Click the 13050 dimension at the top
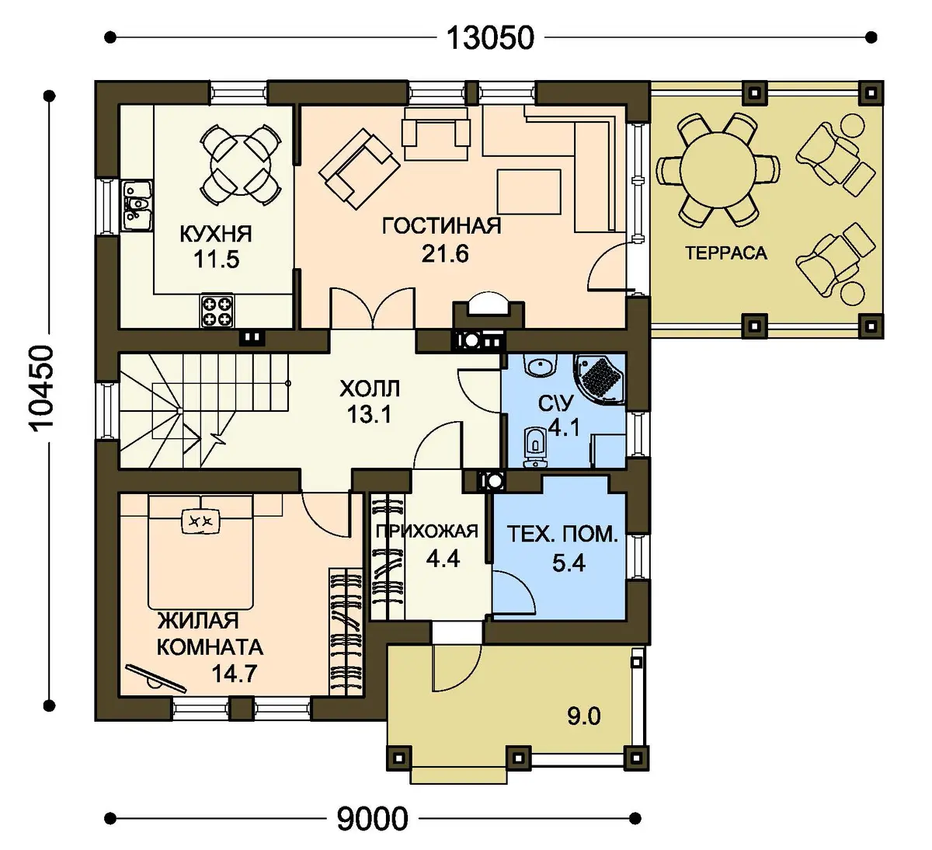[x=490, y=38]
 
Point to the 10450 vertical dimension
[x=43, y=388]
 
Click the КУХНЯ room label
[x=216, y=234]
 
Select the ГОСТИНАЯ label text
[x=442, y=226]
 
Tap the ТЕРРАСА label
[x=726, y=253]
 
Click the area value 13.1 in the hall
[x=370, y=414]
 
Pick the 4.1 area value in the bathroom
[x=564, y=427]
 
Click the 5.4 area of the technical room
[x=569, y=563]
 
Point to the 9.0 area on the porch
[x=584, y=716]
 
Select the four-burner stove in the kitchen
[x=217, y=311]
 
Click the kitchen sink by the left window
[x=137, y=206]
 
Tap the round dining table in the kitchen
[x=240, y=165]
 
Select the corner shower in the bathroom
[x=600, y=378]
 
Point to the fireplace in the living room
[x=489, y=312]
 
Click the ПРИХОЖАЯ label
[x=426, y=531]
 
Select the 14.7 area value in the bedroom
[x=234, y=674]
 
